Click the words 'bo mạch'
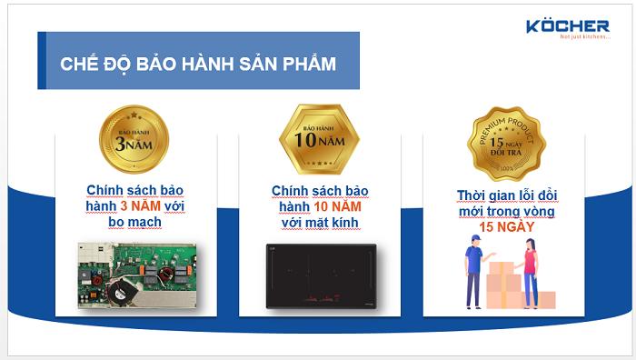click(134, 222)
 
